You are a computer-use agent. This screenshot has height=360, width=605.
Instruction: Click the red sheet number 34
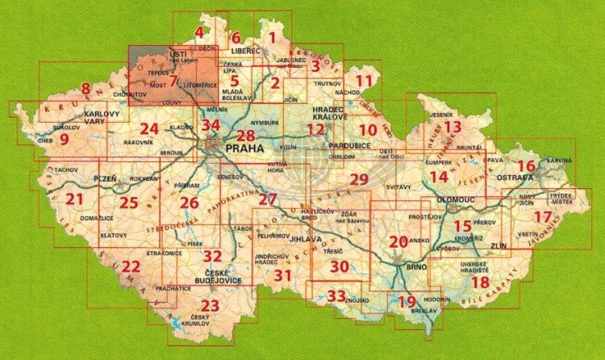point(211,125)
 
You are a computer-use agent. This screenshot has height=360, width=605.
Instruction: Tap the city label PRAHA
point(245,149)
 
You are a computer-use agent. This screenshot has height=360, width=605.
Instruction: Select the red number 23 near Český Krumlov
point(210,306)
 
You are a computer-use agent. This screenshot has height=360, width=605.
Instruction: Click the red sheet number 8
point(86,88)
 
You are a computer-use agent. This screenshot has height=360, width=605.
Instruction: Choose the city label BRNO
point(416,266)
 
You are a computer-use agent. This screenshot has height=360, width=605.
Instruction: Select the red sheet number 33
point(337,295)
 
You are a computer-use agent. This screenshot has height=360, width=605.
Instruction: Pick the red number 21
point(75,199)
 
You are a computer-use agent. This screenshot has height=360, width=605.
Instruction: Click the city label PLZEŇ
point(106,176)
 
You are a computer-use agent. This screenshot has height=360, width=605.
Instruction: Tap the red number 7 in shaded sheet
point(173,81)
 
